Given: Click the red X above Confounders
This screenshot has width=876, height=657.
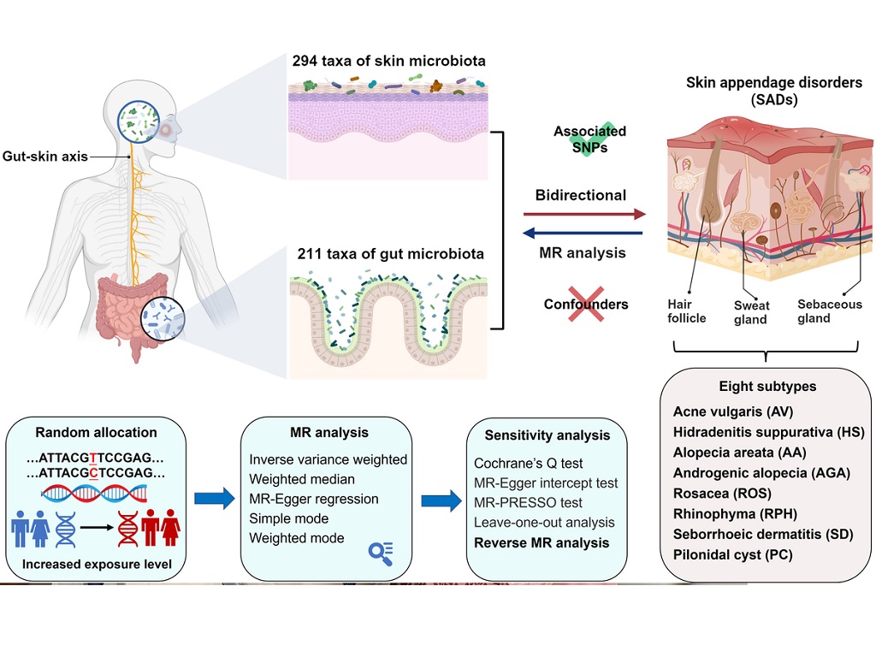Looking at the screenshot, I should (586, 305).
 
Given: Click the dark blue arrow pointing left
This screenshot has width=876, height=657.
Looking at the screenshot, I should (583, 233).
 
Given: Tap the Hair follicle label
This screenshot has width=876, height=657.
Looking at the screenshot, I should (687, 311).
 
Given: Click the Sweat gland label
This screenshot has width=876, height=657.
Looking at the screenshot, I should (750, 312).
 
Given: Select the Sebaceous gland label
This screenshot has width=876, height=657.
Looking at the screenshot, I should (829, 311).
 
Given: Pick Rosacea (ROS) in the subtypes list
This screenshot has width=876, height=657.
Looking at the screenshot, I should (722, 494).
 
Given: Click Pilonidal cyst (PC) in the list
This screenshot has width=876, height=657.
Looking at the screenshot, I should (732, 554).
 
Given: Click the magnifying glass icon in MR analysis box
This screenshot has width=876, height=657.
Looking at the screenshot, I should (380, 553).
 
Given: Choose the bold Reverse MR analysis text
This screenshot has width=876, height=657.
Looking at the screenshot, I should (542, 542).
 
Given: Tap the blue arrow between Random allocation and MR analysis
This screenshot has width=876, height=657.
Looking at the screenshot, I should (214, 499).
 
